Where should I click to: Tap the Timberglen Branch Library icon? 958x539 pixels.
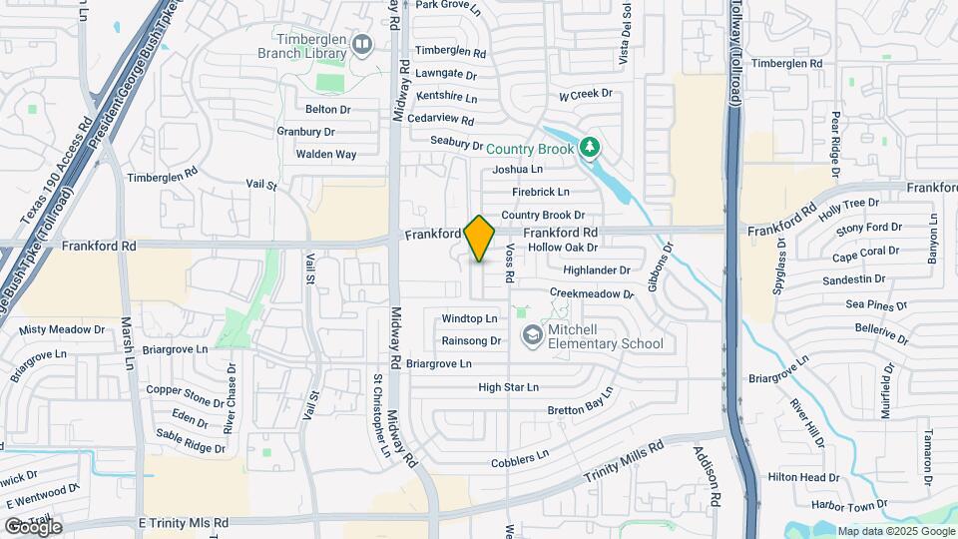[x=360, y=44]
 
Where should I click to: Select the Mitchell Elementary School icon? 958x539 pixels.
[x=532, y=335]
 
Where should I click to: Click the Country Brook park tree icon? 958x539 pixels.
[x=590, y=149]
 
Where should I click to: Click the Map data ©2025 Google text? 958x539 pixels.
[x=895, y=531]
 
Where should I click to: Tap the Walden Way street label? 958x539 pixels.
[x=325, y=155]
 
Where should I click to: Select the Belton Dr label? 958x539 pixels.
[x=328, y=109]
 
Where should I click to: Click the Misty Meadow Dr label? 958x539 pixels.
[x=62, y=329]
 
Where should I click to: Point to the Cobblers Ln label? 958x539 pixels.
[x=520, y=459]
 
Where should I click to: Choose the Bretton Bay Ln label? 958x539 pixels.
[x=578, y=409]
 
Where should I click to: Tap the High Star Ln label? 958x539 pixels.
[x=508, y=387]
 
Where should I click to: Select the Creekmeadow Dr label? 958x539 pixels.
[x=592, y=294]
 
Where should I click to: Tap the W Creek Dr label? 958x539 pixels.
[x=585, y=96]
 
